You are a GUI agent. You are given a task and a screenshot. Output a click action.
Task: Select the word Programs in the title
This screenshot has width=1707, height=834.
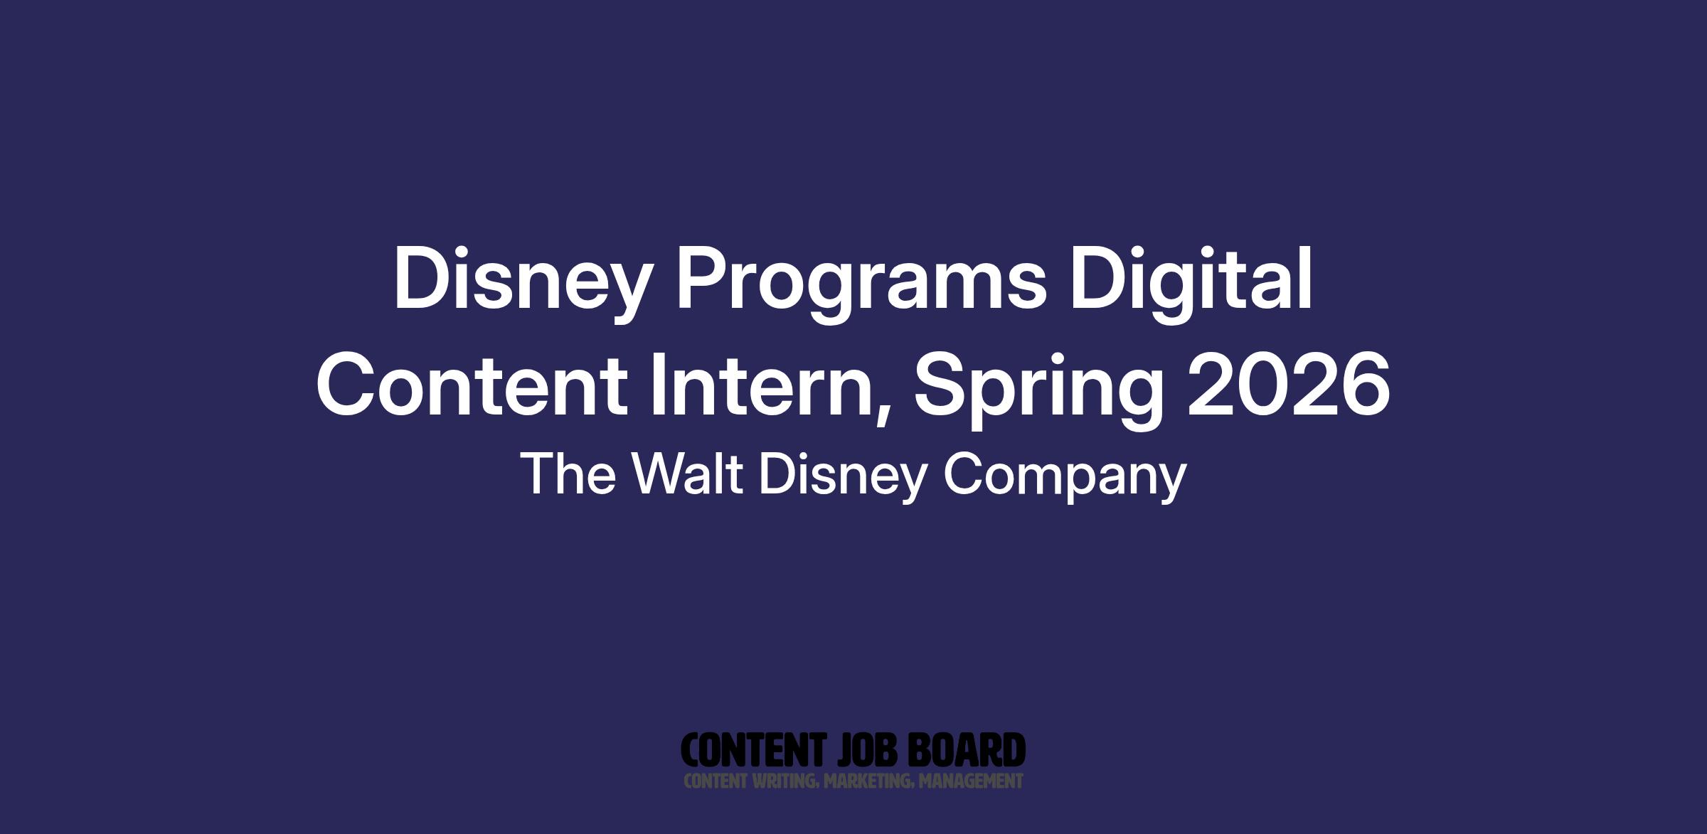tap(861, 284)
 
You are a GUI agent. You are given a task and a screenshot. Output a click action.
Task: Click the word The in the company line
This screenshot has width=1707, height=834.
tap(568, 474)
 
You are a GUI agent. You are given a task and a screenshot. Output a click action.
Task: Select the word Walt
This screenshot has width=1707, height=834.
tap(688, 474)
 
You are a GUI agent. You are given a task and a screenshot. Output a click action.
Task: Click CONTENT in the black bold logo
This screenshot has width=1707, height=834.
tap(753, 750)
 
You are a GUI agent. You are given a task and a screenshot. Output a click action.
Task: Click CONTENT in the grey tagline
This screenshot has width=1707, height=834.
tap(715, 781)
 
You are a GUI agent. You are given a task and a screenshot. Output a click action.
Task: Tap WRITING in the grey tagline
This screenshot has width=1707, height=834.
tap(784, 781)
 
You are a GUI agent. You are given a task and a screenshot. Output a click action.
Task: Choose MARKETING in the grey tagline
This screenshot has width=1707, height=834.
tap(866, 781)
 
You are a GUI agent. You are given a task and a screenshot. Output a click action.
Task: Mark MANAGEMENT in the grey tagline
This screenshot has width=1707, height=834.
tap(970, 781)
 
